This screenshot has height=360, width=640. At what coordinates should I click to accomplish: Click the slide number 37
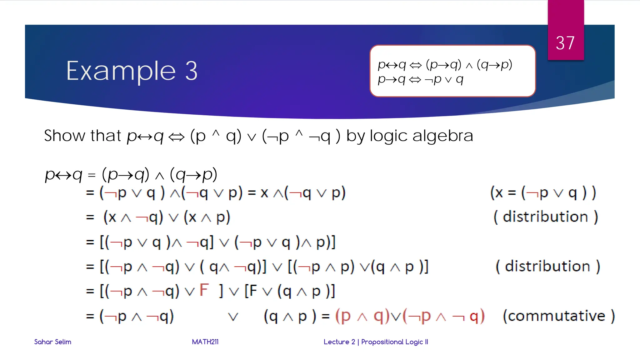pos(565,43)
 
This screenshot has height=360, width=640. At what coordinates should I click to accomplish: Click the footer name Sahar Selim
pos(52,342)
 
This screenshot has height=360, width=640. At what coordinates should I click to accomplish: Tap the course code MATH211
pos(205,342)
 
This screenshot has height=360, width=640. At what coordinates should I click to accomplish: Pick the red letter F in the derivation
pos(204,290)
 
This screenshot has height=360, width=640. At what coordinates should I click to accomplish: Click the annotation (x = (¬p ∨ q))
pos(543,192)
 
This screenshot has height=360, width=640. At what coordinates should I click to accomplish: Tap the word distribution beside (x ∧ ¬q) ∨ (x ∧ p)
pos(545,217)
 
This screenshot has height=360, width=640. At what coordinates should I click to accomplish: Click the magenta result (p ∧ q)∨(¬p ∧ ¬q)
pos(410,316)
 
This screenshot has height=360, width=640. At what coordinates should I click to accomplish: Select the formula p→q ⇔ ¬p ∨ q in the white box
pos(420,79)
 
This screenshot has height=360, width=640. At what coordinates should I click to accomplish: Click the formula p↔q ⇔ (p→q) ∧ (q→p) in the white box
pos(445,65)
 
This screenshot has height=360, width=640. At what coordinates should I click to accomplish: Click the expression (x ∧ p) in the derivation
pos(207,217)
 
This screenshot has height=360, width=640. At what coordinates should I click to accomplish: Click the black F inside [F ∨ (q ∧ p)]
pos(253,291)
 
